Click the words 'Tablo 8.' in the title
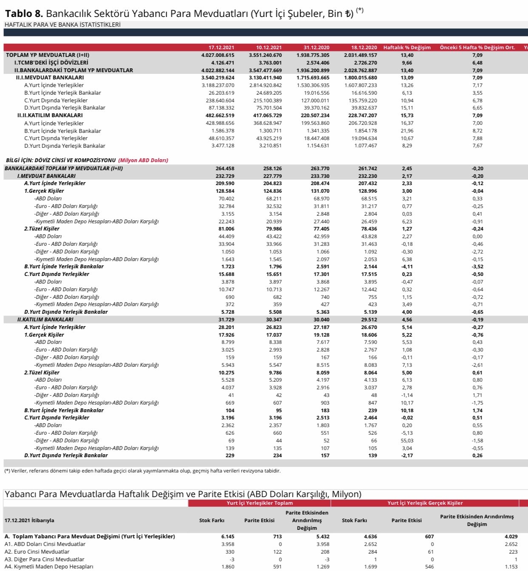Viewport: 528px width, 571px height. point(24,14)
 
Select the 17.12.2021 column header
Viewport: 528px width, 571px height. point(221,48)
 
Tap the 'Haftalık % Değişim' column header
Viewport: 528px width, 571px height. point(407,48)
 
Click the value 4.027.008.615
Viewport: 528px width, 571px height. point(218,55)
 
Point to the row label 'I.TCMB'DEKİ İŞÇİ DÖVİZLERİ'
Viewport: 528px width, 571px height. point(51,63)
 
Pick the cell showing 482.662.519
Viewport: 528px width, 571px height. point(220,115)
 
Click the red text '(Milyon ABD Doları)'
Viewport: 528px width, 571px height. point(143,160)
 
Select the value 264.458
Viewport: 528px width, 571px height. point(225,169)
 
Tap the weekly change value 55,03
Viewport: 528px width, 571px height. point(407,441)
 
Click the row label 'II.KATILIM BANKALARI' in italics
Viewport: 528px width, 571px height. point(45,319)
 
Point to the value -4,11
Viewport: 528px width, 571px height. point(407,267)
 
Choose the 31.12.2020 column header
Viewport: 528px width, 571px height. point(316,48)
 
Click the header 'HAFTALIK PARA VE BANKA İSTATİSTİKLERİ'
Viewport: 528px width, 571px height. point(62,25)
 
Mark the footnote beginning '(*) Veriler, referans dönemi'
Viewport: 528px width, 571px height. point(142,471)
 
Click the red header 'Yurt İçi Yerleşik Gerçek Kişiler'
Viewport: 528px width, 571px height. point(425,503)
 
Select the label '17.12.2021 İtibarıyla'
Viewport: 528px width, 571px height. point(29,520)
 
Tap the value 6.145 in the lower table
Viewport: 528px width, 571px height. point(227,537)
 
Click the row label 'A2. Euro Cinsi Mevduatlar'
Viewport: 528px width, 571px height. point(37,552)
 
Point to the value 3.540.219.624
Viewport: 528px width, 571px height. point(218,78)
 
